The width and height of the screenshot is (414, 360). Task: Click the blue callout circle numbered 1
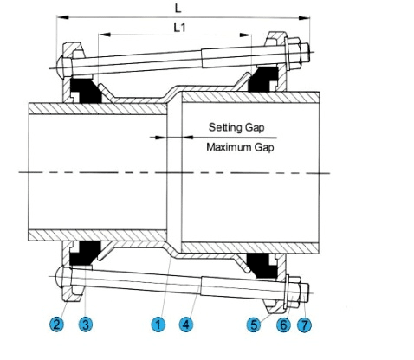click(158, 325)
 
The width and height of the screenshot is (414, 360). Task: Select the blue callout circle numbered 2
click(56, 325)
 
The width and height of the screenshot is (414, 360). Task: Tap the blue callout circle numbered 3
click(86, 325)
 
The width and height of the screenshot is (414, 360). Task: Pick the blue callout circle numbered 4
click(186, 325)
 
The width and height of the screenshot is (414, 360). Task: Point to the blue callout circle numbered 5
click(254, 325)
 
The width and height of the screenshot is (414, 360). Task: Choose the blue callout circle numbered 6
click(283, 325)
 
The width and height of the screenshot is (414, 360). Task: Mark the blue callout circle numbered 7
click(305, 325)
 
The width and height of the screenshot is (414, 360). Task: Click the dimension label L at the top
click(178, 9)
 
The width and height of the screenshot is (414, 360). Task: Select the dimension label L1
click(179, 28)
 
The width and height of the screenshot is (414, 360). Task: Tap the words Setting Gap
click(236, 127)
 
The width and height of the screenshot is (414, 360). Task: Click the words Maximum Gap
click(240, 147)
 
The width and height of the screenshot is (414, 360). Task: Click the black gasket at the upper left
click(86, 91)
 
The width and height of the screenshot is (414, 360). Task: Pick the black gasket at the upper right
click(262, 80)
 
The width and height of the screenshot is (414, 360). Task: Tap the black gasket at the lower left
click(85, 253)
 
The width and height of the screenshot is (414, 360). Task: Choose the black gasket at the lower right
click(262, 265)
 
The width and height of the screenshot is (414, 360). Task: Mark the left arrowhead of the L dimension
click(62, 17)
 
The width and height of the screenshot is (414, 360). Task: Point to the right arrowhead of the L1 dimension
click(245, 35)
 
